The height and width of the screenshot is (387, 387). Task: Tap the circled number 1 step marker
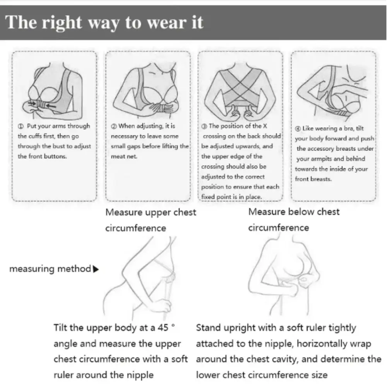[x=21, y=127]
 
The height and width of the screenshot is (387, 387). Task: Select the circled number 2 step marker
[x=114, y=126]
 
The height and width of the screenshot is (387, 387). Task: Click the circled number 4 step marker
[x=298, y=128]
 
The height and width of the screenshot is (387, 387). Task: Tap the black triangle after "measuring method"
[x=96, y=269]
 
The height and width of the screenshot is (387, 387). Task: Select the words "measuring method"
[x=50, y=269]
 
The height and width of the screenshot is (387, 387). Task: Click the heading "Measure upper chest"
[x=151, y=212]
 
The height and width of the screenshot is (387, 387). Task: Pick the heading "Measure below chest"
[x=294, y=212]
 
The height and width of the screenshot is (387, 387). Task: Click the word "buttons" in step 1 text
[x=56, y=156]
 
